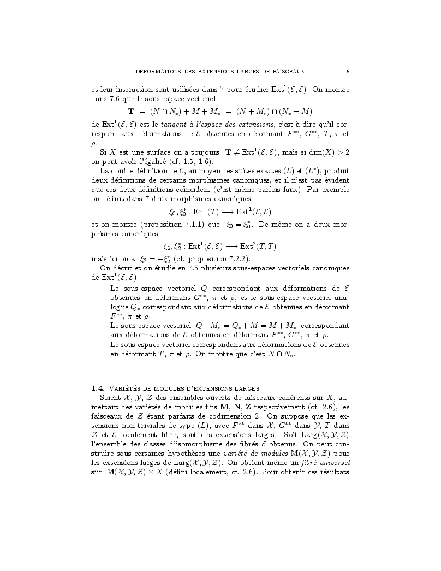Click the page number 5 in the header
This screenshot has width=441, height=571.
[x=348, y=71]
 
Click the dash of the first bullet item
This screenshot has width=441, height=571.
[x=105, y=287]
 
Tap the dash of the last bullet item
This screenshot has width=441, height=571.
[x=105, y=344]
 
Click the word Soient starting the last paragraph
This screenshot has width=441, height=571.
[x=111, y=398]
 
